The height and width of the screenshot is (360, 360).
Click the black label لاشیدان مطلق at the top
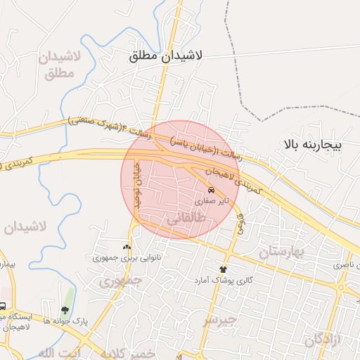click(x=166, y=57)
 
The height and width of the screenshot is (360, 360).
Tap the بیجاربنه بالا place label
click(x=312, y=146)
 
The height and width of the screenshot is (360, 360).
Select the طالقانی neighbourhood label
click(x=184, y=219)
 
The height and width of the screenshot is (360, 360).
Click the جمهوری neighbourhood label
click(x=120, y=281)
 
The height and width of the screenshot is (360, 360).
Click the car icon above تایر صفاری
click(x=212, y=190)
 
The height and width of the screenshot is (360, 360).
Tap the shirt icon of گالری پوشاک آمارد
click(x=224, y=269)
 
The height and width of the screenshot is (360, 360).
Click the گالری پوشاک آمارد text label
click(x=223, y=280)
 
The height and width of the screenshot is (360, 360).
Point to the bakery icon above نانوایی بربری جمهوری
click(x=127, y=247)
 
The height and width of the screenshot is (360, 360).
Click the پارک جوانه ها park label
click(x=65, y=320)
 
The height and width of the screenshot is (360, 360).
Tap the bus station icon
click(x=4, y=307)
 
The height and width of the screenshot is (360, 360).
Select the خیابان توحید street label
click(x=138, y=181)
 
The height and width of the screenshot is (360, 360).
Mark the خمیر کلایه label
click(x=127, y=354)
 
